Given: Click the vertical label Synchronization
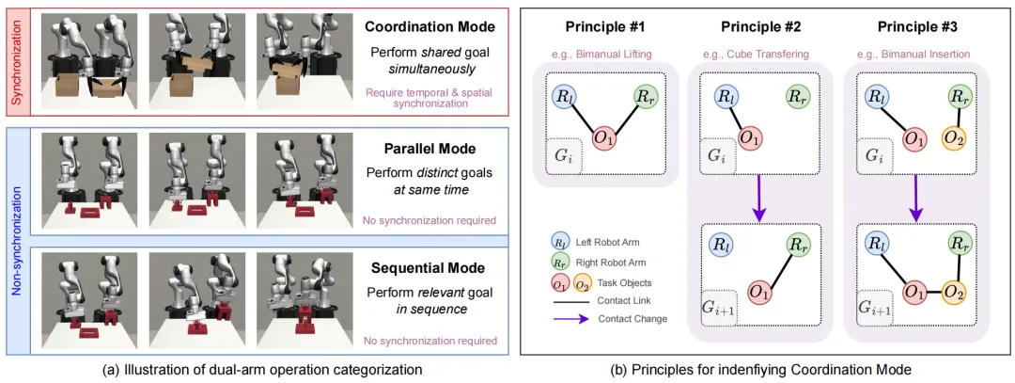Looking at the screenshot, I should [16, 59].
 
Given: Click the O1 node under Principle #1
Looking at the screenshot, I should [605, 139].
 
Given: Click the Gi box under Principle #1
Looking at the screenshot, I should [563, 155].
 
